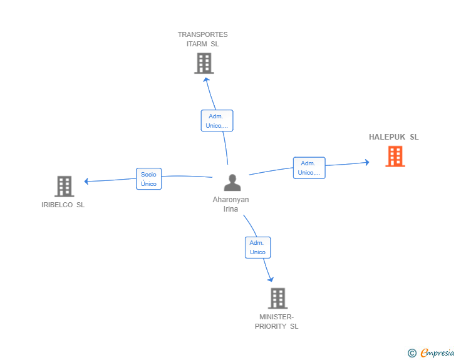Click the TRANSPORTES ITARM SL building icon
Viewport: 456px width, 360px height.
(x=204, y=63)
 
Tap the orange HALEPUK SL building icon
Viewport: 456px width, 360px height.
(x=395, y=157)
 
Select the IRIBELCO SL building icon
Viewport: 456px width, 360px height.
(x=64, y=187)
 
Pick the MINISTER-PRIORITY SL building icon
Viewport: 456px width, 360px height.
(x=277, y=299)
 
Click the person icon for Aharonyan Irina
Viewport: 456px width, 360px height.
(x=232, y=183)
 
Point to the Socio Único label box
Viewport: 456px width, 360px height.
(x=148, y=179)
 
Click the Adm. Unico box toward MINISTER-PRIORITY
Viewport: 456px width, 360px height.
(x=257, y=247)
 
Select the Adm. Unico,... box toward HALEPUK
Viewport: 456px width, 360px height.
(x=309, y=168)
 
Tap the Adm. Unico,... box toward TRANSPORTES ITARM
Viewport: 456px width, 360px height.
(x=217, y=121)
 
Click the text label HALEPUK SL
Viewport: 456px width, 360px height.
(x=393, y=137)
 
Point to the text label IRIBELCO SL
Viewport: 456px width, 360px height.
(x=63, y=205)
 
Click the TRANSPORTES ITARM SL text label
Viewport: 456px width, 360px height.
(x=203, y=39)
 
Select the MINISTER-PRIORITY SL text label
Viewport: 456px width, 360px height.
(x=277, y=322)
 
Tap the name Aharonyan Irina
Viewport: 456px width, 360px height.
(x=231, y=204)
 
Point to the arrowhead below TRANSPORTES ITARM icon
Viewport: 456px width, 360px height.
(x=205, y=80)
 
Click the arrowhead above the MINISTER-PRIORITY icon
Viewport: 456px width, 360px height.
(x=271, y=279)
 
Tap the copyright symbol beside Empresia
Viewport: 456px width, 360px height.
(x=412, y=353)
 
